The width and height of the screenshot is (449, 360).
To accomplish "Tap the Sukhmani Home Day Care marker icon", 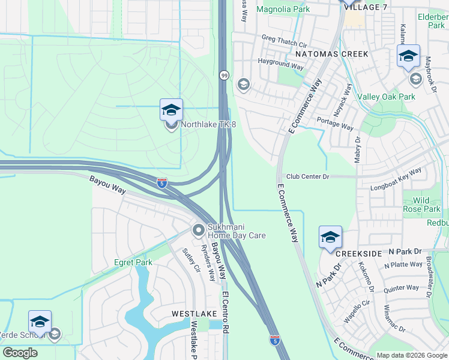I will pyautogui.click(x=199, y=230).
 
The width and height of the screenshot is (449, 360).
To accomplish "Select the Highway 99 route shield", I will pyautogui.click(x=224, y=76).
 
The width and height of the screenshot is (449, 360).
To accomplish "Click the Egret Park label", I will pyautogui.click(x=133, y=262).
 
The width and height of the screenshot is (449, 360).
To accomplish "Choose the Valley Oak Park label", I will pyautogui.click(x=386, y=97).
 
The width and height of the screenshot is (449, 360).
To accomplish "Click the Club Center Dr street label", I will pyautogui.click(x=308, y=176).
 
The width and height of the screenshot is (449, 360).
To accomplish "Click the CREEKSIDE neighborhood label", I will pyautogui.click(x=358, y=254).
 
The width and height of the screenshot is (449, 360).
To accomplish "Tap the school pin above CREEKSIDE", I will pyautogui.click(x=330, y=238).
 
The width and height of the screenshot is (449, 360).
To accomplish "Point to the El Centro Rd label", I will pyautogui.click(x=226, y=312).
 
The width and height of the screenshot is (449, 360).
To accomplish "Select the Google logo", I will pyautogui.click(x=20, y=353).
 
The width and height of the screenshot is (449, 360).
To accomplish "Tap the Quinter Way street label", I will pyautogui.click(x=402, y=289).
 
